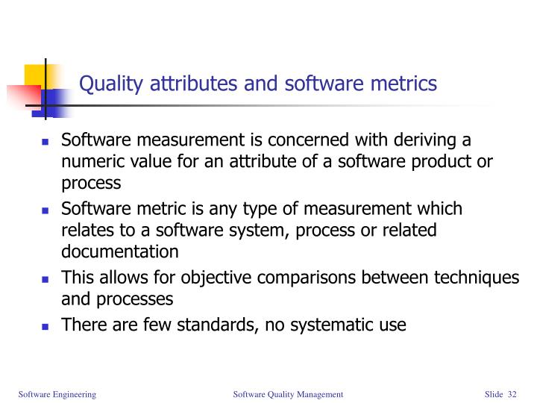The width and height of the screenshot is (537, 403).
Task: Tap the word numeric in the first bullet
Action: (x=89, y=162)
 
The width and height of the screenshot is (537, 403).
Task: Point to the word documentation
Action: (x=119, y=251)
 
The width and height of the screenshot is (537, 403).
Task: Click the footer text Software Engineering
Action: (x=57, y=393)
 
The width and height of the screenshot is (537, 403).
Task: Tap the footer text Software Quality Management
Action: (x=288, y=393)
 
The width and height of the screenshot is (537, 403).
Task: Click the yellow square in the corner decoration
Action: (x=35, y=75)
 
